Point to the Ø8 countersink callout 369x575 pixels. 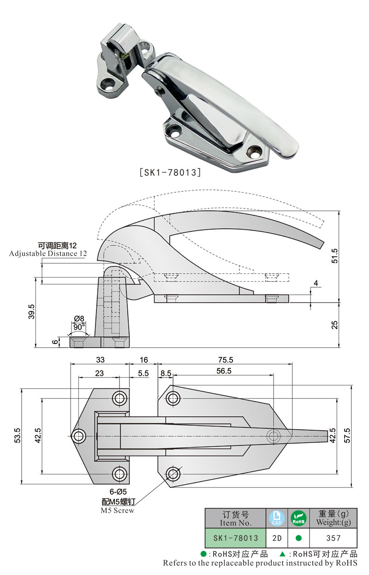tap(79, 318)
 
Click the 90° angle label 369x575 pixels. tap(79, 326)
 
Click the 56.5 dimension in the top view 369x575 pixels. tap(224, 370)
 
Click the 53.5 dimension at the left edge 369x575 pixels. tap(17, 436)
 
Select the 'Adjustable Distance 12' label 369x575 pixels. tap(48, 254)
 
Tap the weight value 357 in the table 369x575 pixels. tap(333, 538)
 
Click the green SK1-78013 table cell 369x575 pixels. tap(235, 538)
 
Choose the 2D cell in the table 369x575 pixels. tap(277, 538)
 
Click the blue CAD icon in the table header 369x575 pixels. tap(277, 519)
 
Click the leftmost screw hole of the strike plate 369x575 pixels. tap(79, 435)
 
